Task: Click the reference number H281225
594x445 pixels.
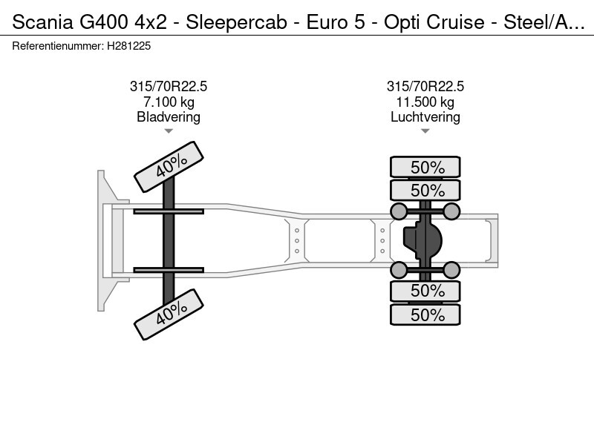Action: [x=128, y=46]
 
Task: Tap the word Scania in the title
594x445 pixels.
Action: [x=42, y=22]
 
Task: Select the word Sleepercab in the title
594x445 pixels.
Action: [x=236, y=22]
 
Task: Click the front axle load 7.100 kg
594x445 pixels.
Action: [x=169, y=102]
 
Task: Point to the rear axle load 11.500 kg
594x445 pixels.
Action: [x=425, y=102]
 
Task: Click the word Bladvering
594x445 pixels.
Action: [x=169, y=117]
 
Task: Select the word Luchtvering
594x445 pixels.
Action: [x=425, y=117]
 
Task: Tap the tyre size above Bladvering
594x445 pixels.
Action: [x=169, y=86]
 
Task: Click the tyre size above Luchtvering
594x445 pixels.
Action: [x=425, y=86]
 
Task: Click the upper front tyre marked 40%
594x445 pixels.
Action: [x=169, y=167]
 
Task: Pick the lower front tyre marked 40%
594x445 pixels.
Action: [x=169, y=314]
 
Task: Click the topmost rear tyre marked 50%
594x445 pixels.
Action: [x=425, y=167]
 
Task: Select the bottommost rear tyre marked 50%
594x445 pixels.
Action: [x=425, y=314]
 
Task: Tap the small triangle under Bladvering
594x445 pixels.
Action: [x=169, y=131]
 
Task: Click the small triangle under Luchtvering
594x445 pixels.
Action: [x=425, y=131]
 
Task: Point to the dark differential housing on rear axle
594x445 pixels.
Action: [x=422, y=240]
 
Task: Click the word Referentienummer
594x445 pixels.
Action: [x=58, y=46]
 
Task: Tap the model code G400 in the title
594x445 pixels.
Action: [x=103, y=22]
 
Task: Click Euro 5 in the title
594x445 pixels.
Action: [x=336, y=22]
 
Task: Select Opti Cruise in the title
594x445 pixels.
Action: [x=434, y=22]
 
